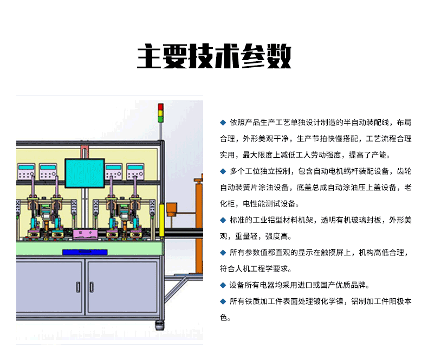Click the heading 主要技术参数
point(214,56)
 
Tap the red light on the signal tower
point(160,107)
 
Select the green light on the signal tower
point(160,119)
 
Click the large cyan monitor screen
point(85,173)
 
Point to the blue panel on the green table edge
point(85,252)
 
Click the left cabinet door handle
point(78,287)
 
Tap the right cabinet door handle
point(92,287)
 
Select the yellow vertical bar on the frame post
point(161,220)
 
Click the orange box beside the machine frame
point(172,209)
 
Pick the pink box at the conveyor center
point(85,234)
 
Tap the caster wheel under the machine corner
point(160,326)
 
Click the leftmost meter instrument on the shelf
point(26,171)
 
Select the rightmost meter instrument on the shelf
point(135,171)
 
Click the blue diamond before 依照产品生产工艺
point(223,123)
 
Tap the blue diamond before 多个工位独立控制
point(223,171)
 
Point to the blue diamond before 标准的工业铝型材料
point(223,220)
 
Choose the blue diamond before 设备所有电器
point(223,285)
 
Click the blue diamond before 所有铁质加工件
point(223,301)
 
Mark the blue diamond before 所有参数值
point(223,253)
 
